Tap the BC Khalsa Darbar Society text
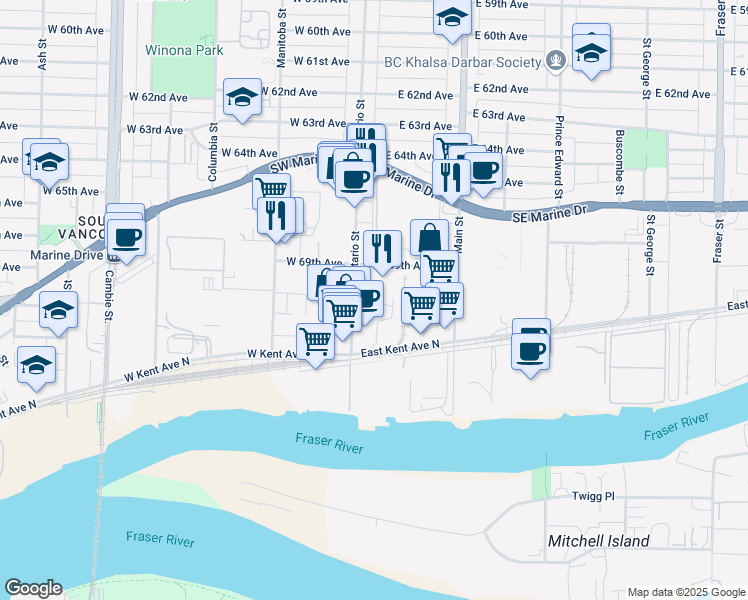[463, 61]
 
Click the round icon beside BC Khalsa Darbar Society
[556, 61]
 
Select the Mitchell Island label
[598, 541]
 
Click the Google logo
[33, 588]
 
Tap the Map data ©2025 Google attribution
[685, 592]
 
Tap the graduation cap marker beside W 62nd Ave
[242, 97]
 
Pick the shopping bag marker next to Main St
[429, 237]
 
